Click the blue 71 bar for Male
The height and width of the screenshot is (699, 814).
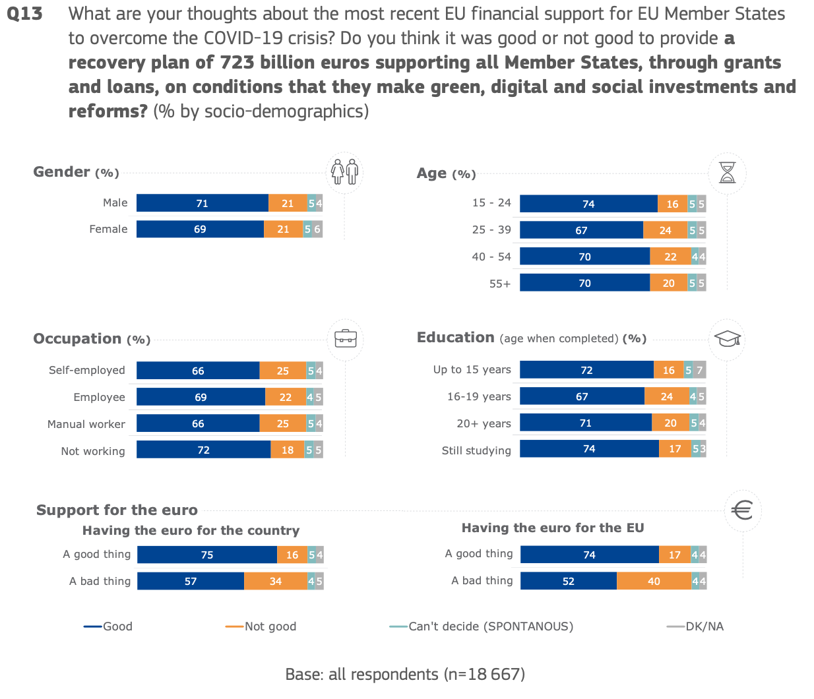[203, 203]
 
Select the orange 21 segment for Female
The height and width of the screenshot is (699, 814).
[283, 229]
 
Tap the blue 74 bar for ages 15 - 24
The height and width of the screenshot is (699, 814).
[588, 204]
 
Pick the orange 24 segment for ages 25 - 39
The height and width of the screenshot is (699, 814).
[665, 230]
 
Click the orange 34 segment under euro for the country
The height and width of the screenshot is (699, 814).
[276, 581]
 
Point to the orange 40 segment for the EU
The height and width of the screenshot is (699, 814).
[654, 581]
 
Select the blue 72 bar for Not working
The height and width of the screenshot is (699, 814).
[204, 449]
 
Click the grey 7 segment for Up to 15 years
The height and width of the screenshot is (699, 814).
[699, 370]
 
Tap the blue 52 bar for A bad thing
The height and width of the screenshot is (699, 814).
[569, 581]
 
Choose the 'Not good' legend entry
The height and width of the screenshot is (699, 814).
[261, 626]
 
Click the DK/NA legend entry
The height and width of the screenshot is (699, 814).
[695, 626]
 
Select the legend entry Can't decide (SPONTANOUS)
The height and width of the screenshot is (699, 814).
[482, 626]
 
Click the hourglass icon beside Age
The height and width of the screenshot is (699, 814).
[727, 173]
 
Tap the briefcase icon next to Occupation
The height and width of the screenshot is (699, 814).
[346, 339]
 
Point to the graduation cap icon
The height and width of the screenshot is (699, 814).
[728, 339]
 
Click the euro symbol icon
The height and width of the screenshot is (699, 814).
[742, 510]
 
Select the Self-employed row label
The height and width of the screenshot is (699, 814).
[87, 370]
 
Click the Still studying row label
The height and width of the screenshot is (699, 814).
[476, 450]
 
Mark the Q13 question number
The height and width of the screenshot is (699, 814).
[24, 14]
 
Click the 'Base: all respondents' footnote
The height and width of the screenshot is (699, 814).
[405, 674]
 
